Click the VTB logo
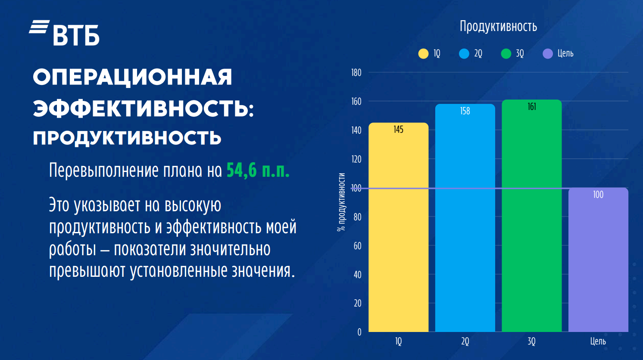tap(64, 33)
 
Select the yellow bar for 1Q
tap(399, 227)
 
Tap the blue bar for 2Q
tap(465, 218)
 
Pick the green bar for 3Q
tap(532, 216)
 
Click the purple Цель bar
tap(598, 260)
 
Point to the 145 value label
tap(399, 129)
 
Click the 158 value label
tap(465, 111)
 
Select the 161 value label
tap(532, 107)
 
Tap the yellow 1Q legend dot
tap(423, 54)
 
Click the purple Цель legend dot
tap(548, 54)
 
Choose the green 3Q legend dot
tap(506, 54)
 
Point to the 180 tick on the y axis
tap(356, 72)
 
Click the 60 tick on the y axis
tap(357, 246)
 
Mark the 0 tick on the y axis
tap(359, 332)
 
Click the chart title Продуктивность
tap(498, 27)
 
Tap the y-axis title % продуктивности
tap(341, 202)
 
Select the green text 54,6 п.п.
tap(258, 171)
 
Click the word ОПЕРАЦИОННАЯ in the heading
tap(132, 77)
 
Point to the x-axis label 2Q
tap(465, 341)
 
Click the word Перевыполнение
tap(103, 171)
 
